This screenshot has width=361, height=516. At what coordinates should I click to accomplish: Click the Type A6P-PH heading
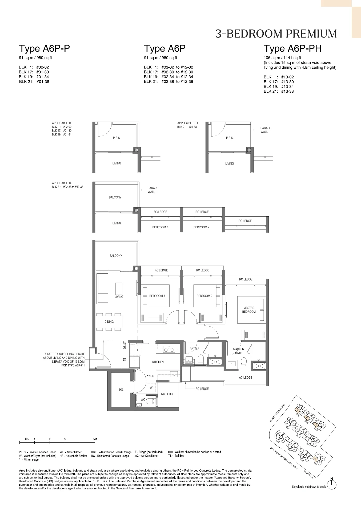[292, 48]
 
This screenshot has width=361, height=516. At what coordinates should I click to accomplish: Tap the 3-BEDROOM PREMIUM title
[276, 34]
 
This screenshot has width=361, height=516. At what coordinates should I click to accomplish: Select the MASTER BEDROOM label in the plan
[249, 310]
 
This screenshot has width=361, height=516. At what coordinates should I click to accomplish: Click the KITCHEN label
[158, 362]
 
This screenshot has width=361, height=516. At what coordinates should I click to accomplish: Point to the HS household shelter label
[121, 390]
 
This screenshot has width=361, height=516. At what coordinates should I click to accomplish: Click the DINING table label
[109, 322]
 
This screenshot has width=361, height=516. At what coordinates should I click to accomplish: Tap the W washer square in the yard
[151, 388]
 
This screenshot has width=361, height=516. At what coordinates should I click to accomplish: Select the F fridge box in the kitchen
[138, 350]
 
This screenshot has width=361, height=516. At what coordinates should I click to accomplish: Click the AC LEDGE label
[245, 377]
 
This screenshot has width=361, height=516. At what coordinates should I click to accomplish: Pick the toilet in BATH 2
[201, 360]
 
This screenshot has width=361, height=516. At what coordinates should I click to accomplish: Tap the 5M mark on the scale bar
[95, 439]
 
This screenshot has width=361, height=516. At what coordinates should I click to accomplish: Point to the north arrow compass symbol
[332, 485]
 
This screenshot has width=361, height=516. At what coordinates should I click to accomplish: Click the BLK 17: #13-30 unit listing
[279, 82]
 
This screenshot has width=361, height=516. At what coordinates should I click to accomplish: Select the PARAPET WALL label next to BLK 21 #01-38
[266, 130]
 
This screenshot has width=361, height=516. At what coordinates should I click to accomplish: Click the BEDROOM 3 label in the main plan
[157, 296]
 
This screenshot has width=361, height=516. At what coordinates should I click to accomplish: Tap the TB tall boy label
[125, 360]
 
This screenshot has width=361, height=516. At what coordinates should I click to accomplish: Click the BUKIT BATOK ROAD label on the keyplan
[277, 413]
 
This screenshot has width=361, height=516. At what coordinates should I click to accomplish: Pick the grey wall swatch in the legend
[171, 452]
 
